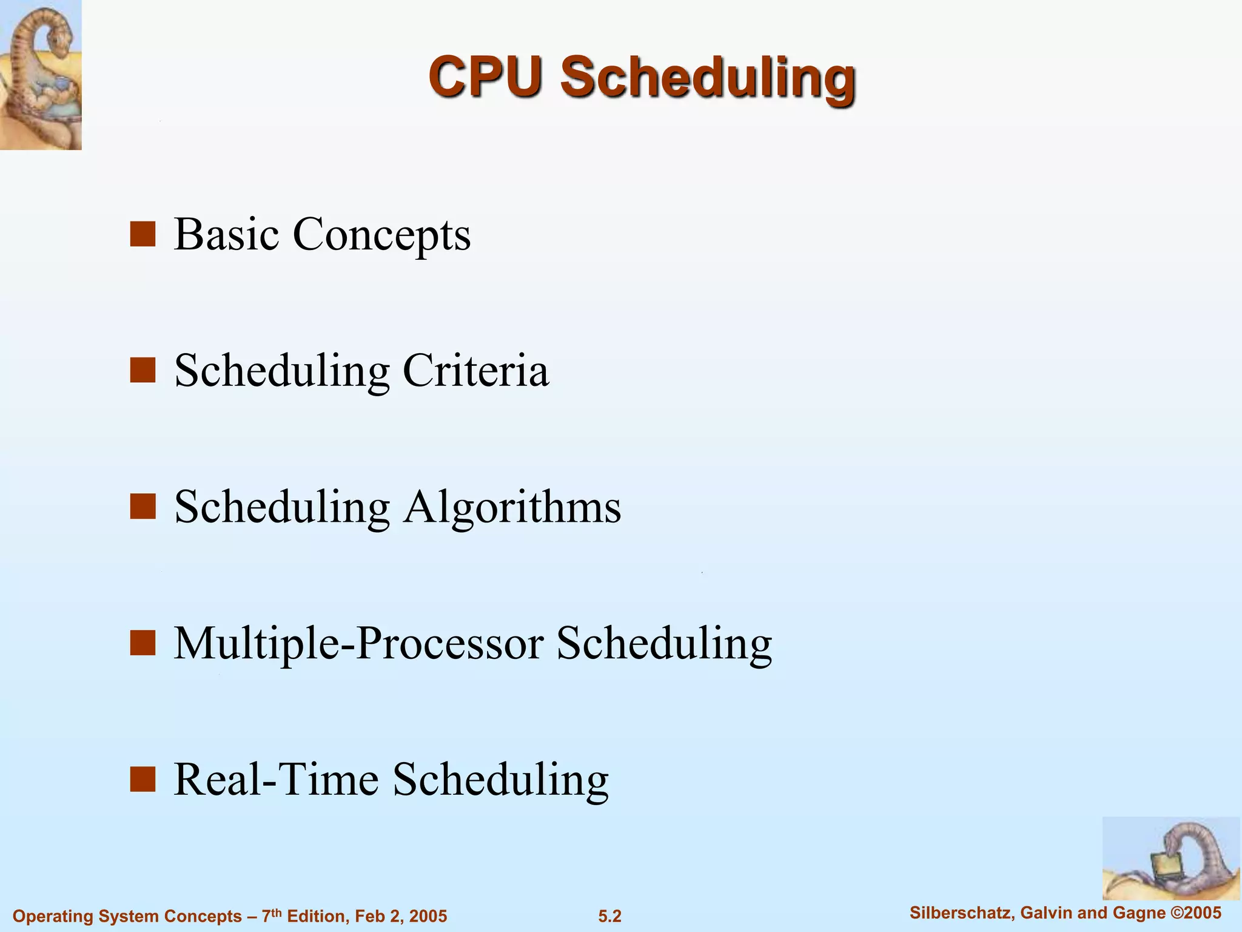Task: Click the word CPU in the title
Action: tap(484, 77)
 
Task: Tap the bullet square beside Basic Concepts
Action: tap(143, 234)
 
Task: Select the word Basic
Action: tap(227, 234)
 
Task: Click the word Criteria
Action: tap(475, 370)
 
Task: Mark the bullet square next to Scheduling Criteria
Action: tap(143, 370)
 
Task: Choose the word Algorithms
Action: tap(512, 507)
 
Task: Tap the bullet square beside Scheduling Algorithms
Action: tap(143, 507)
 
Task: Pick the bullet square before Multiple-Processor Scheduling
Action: tap(143, 643)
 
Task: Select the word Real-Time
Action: tap(277, 779)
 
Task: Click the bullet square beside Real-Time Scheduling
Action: tap(143, 780)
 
